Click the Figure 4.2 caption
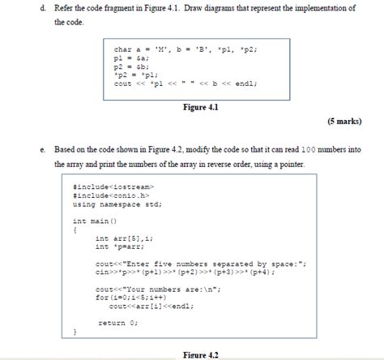199,354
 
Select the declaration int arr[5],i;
124,238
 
